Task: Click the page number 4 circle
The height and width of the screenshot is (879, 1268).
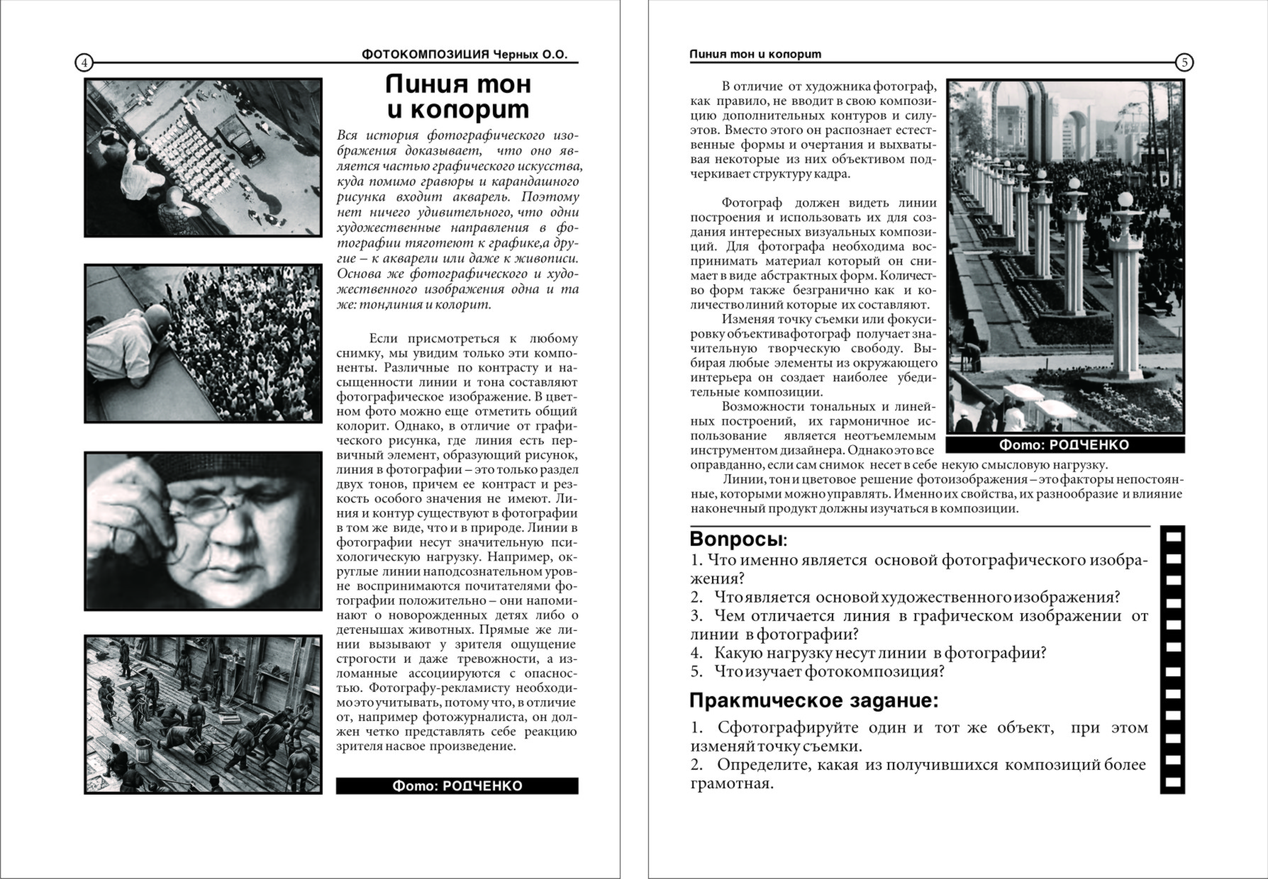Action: click(x=84, y=62)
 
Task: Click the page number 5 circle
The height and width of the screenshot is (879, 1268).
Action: click(x=1184, y=62)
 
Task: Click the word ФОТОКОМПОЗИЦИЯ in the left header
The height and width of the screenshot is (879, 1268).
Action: click(x=426, y=55)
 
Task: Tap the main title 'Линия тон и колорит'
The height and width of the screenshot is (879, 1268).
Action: click(x=458, y=96)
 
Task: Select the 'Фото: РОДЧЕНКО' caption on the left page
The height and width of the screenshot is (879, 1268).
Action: click(x=457, y=785)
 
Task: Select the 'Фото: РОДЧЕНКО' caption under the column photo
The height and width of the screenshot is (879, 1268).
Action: click(x=1064, y=444)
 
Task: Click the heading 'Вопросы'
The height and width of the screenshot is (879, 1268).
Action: click(x=738, y=539)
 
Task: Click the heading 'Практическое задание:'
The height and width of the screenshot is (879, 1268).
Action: click(x=813, y=700)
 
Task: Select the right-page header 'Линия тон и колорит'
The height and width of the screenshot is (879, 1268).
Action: click(x=755, y=55)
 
